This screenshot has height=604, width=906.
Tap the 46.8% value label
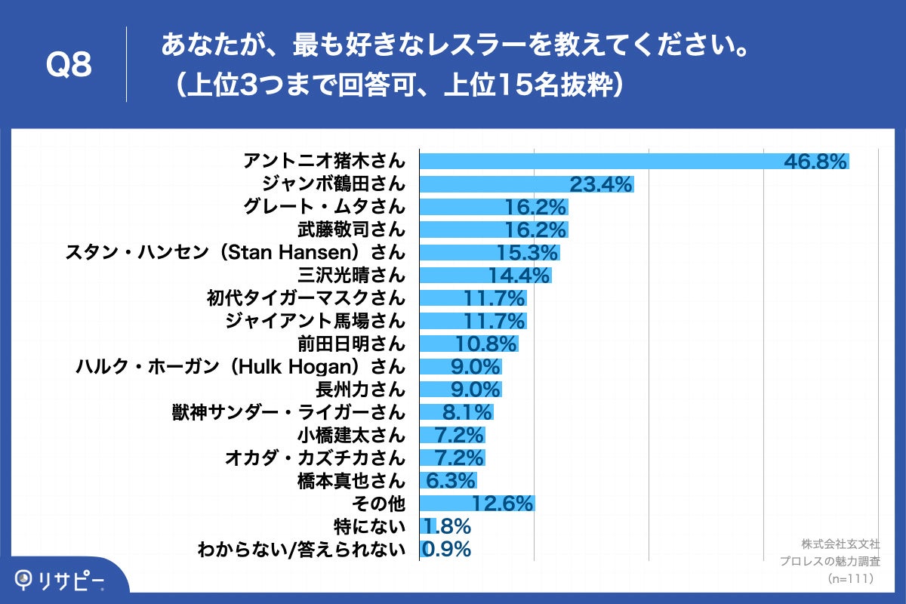pyautogui.click(x=815, y=162)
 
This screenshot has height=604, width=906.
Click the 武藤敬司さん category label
pyautogui.click(x=352, y=230)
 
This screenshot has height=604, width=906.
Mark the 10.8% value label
pyautogui.click(x=486, y=344)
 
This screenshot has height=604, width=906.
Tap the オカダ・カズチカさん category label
pyautogui.click(x=316, y=458)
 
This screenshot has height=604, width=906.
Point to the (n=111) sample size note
pyautogui.click(x=850, y=578)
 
